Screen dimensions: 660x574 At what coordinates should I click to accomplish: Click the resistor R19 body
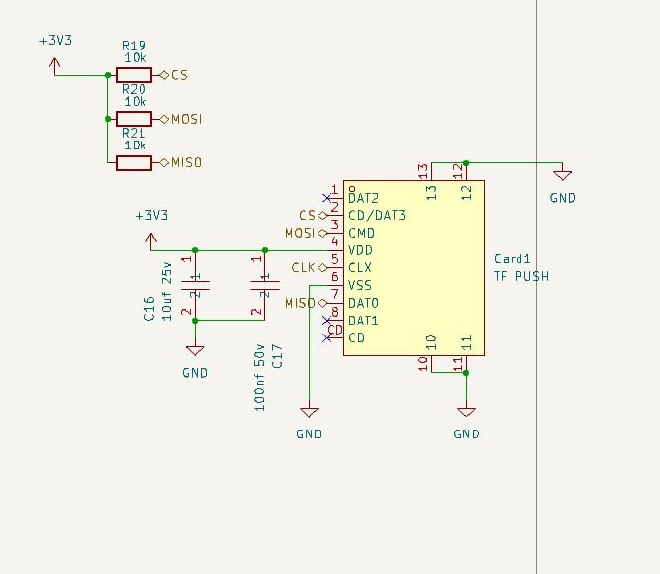(x=134, y=75)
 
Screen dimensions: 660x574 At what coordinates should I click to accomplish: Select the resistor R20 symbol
(x=134, y=119)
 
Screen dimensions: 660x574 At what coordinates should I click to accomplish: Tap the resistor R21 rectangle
(x=134, y=163)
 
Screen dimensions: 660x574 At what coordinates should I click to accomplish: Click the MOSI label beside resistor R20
(x=186, y=119)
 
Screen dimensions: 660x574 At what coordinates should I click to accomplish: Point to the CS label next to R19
(x=179, y=75)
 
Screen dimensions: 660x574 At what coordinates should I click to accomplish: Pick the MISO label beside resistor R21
(x=186, y=163)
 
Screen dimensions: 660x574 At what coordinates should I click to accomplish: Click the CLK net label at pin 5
(x=303, y=267)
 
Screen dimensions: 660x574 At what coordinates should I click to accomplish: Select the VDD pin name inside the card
(x=360, y=250)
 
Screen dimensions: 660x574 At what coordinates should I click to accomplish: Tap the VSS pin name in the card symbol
(x=360, y=286)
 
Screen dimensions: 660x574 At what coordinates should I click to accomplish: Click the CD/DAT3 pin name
(x=377, y=215)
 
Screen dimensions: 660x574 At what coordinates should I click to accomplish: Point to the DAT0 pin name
(x=364, y=303)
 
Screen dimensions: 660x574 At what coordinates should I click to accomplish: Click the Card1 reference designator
(x=512, y=259)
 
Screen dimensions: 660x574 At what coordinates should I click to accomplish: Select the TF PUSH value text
(x=521, y=276)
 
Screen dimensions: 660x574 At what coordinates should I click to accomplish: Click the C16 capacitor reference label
(x=149, y=308)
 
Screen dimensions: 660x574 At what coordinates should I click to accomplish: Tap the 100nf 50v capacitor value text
(x=259, y=378)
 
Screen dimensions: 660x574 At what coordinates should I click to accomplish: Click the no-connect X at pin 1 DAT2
(x=327, y=198)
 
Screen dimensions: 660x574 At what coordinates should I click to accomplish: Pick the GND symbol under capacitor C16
(x=195, y=350)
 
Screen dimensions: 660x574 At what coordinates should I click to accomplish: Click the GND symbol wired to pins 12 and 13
(x=562, y=175)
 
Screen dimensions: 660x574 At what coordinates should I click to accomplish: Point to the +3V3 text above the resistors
(x=55, y=41)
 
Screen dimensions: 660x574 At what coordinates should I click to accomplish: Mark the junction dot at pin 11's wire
(x=466, y=373)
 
